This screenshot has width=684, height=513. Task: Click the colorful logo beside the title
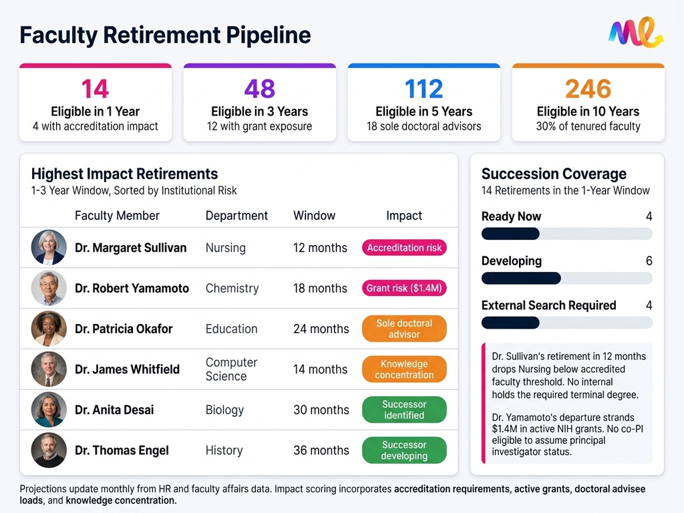[x=635, y=33]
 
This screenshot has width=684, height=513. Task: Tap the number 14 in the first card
[x=95, y=89]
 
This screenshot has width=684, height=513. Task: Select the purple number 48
[x=259, y=89]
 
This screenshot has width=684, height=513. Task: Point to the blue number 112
[x=423, y=89]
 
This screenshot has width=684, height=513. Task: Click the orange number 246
[x=588, y=89]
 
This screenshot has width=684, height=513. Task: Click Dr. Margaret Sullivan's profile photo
[x=49, y=248]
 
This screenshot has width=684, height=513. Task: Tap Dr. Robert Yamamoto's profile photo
[x=49, y=289]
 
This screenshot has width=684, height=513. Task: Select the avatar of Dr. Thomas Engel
[x=49, y=450]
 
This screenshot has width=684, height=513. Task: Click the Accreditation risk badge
[x=404, y=248]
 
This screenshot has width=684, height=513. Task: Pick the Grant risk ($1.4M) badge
[x=404, y=289]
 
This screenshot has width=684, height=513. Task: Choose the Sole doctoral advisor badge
[x=404, y=329]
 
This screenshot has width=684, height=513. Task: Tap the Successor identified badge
[x=404, y=409]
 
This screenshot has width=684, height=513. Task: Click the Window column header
[x=314, y=216]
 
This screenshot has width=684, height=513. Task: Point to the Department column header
[x=236, y=216]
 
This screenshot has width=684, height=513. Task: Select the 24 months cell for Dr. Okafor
[x=321, y=329]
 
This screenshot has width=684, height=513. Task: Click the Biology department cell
[x=224, y=409]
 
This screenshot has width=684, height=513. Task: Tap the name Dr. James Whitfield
[x=127, y=369]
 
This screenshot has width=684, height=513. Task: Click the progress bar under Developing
[x=566, y=278]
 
